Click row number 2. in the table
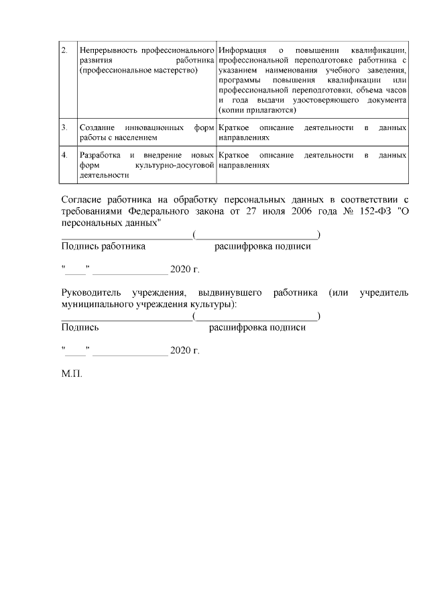coord(64,51)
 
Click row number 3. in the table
coord(64,127)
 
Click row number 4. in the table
coord(64,155)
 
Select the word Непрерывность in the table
coord(107,51)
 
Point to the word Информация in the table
coord(241,51)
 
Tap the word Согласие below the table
coord(80,199)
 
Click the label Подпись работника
coord(103,246)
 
